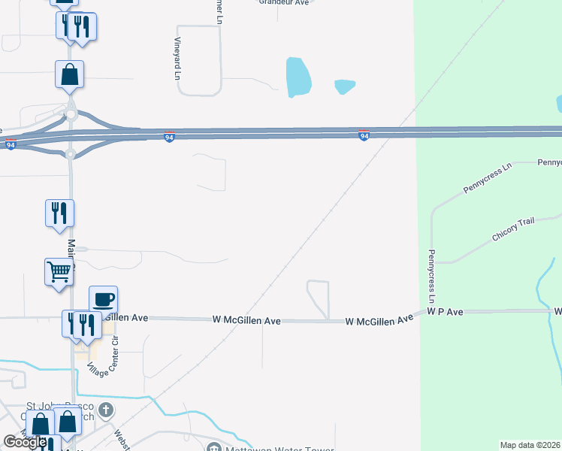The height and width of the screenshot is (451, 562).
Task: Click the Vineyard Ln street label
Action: pyautogui.click(x=178, y=59)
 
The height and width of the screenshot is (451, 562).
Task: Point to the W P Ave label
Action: pyautogui.click(x=445, y=310)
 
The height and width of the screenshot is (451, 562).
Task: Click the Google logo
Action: pyautogui.click(x=25, y=442)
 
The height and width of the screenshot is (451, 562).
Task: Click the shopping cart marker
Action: pyautogui.click(x=59, y=272)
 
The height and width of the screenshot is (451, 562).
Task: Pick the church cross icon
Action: pyautogui.click(x=107, y=410)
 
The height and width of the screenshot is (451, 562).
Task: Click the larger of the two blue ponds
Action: pyautogui.click(x=298, y=77)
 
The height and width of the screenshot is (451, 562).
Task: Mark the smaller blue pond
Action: pyautogui.click(x=344, y=86)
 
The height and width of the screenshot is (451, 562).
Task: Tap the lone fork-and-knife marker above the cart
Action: pyautogui.click(x=59, y=213)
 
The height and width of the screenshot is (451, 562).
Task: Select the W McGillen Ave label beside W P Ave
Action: pyautogui.click(x=379, y=320)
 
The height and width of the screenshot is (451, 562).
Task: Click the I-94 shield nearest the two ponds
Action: pyautogui.click(x=364, y=136)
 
